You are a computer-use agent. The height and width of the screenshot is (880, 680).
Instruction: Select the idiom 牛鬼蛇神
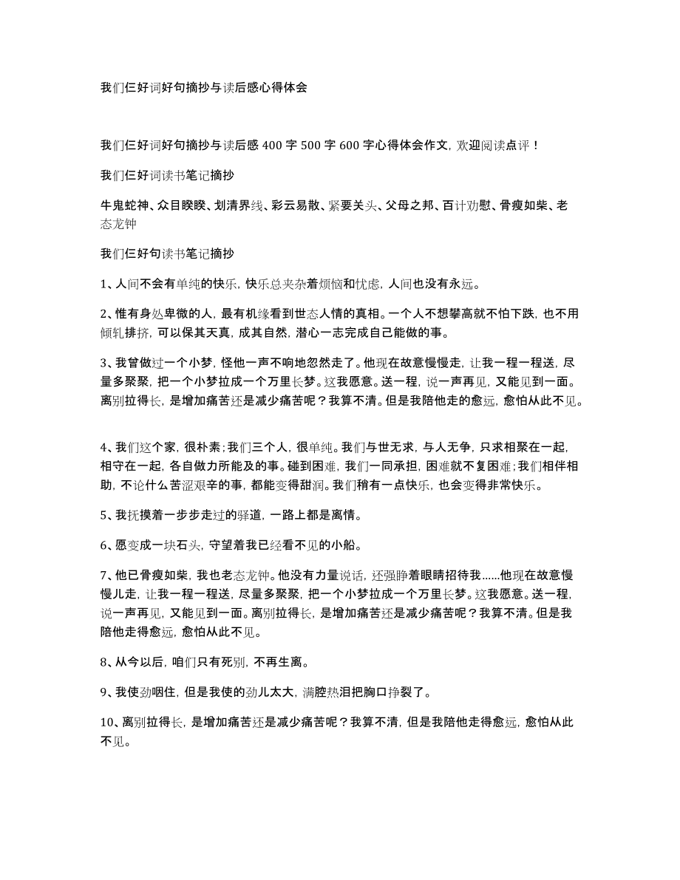121,205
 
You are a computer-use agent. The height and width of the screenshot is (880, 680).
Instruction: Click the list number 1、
107,283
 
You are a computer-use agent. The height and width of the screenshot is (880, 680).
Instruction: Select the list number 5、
107,515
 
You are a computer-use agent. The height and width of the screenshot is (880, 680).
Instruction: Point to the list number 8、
107,661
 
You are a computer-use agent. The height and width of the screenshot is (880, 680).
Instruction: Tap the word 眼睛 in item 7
420,577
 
